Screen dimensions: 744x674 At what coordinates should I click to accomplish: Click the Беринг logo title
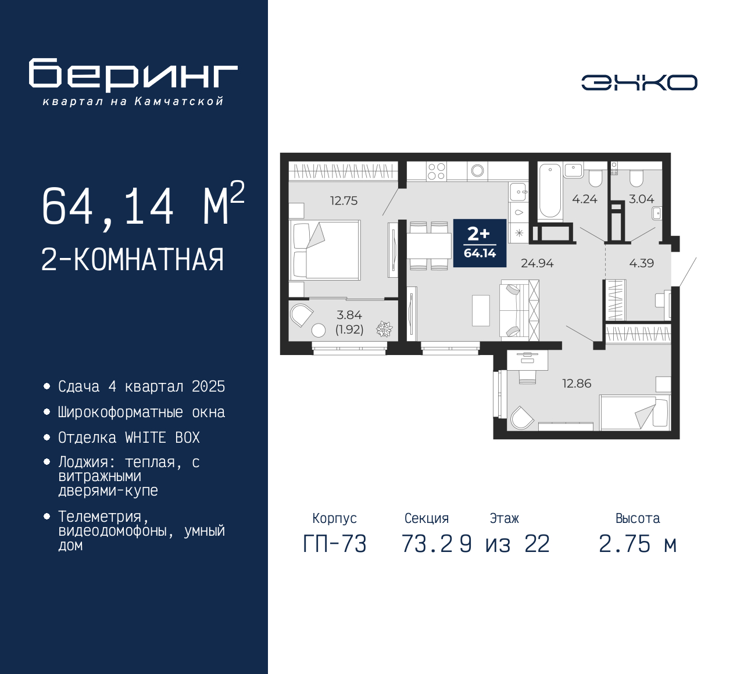pos(133,75)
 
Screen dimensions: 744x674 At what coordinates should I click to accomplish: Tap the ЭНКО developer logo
pos(639,83)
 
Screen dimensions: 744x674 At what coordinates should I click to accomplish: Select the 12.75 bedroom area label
pos(344,200)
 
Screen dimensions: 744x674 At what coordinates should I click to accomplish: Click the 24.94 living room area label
pos(537,263)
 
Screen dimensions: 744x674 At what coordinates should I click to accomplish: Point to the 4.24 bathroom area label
pos(585,199)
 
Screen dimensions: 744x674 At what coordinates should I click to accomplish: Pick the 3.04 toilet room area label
pos(641,199)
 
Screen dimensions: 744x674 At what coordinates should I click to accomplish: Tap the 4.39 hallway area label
pos(642,263)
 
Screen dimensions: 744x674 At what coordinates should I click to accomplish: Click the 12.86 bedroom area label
pos(577,383)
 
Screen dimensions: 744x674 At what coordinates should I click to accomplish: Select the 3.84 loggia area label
pos(349,315)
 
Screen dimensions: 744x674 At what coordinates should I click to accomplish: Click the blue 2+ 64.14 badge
pos(480,243)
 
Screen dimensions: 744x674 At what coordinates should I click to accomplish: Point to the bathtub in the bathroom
pos(550,192)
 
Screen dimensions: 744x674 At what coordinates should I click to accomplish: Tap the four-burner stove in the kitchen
pos(436,171)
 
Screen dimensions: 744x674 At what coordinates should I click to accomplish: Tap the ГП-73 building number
pos(335,544)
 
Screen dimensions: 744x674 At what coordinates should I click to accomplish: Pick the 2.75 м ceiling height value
pos(638,544)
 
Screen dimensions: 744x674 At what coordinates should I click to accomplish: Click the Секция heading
pos(427,518)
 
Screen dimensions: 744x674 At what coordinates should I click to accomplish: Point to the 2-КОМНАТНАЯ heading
pos(133,260)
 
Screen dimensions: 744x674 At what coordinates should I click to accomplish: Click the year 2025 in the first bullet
pos(209,387)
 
